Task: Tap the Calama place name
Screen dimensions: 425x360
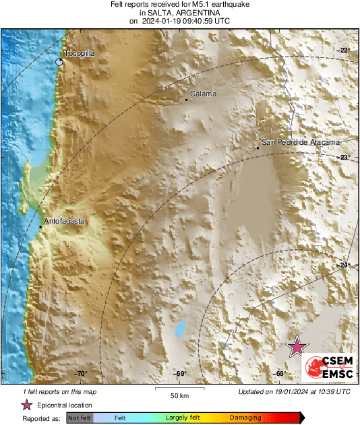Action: point(203,94)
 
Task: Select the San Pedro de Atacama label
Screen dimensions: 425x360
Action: point(300,142)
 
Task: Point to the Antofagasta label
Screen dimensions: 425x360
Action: point(64,221)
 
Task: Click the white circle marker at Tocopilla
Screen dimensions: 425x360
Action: point(59,62)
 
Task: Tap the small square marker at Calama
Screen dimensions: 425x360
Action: point(187,100)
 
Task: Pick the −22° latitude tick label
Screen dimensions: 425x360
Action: point(344,51)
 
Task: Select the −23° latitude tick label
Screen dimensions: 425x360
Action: point(344,158)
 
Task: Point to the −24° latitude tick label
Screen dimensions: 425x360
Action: point(344,265)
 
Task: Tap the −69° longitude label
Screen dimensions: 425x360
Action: point(180,374)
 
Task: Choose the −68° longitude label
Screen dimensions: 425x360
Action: point(279,374)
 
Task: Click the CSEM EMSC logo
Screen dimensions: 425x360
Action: point(327,366)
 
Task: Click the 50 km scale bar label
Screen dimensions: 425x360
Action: point(179,395)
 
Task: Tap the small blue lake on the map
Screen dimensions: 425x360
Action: point(179,329)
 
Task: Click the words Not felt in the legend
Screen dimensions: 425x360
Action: point(80,418)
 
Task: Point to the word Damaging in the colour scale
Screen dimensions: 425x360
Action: point(245,418)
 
